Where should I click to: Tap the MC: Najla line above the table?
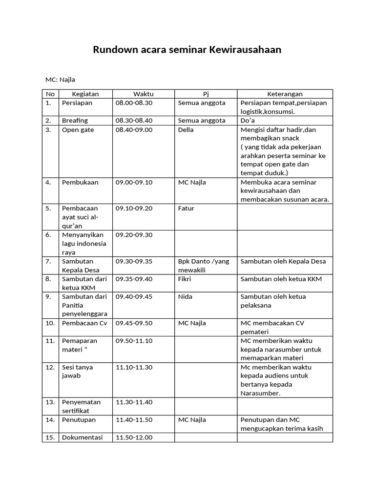tap(60, 80)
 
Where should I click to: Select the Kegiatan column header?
tap(85, 94)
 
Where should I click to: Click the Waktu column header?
tap(144, 94)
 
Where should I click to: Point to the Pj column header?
tap(206, 94)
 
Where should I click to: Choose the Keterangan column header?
tap(285, 94)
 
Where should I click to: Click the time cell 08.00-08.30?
tap(134, 103)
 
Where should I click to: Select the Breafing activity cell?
tap(75, 121)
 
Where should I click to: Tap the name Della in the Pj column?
tap(186, 130)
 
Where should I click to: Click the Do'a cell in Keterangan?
tap(249, 121)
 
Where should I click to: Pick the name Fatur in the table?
tap(186, 208)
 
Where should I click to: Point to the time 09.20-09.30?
tap(134, 235)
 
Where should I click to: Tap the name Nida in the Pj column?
tap(185, 296)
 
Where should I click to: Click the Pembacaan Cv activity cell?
tap(84, 323)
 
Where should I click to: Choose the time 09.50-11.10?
tap(134, 340)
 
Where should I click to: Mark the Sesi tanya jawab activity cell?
tap(78, 371)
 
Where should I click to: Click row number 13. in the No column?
tap(50, 402)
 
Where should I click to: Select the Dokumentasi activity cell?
tap(83, 437)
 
